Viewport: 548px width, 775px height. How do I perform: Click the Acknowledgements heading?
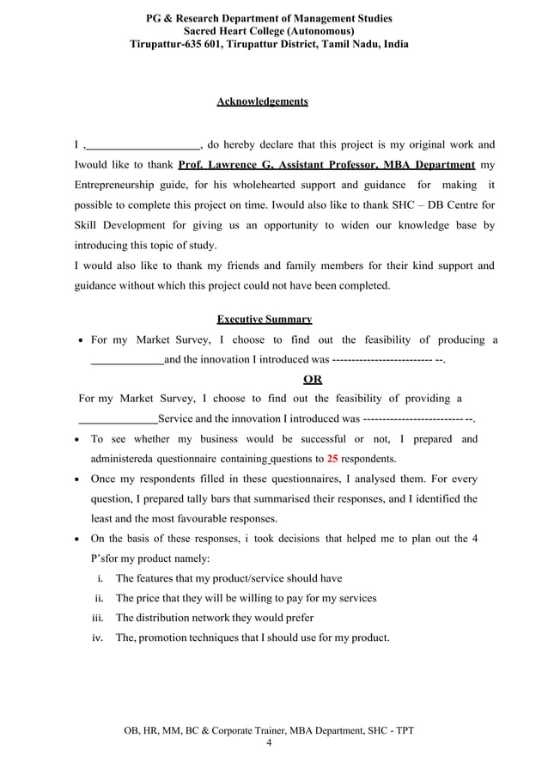pos(262,102)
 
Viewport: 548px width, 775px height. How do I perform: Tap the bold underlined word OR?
pos(314,380)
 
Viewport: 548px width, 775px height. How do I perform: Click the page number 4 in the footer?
pos(269,743)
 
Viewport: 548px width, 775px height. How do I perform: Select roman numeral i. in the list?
pos(101,578)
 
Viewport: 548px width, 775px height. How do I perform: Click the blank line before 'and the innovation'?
pos(126,360)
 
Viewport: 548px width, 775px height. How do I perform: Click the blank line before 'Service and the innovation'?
pos(118,419)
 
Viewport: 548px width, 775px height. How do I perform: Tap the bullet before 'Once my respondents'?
pos(78,479)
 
